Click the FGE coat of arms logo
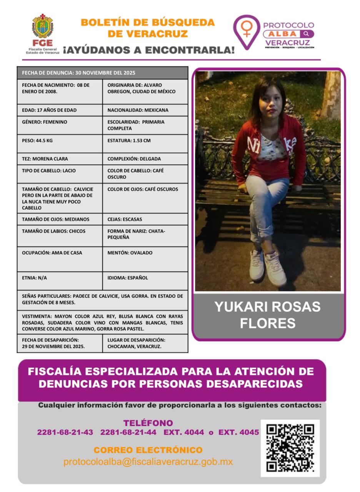pos(42,27)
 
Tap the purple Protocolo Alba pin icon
pos(247,31)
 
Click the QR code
pos(290,448)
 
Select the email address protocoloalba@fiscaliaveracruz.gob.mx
pos(148,462)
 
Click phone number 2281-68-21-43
pos(65,432)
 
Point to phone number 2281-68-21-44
pos(128,432)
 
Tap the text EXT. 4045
pos(238,432)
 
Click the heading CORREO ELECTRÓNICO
pos(148,450)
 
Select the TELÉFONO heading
pos(148,423)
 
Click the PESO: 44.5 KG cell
pos(60,143)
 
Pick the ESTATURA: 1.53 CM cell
pos(145,143)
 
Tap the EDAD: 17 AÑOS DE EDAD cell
pos(60,110)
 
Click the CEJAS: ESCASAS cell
pos(145,219)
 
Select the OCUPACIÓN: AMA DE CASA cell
pos(60,259)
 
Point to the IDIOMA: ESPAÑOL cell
pos(145,281)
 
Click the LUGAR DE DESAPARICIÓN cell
pos(145,343)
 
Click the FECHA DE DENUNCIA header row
pos(102,73)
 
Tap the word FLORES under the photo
pos(268,323)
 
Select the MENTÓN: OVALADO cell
pos(145,259)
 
